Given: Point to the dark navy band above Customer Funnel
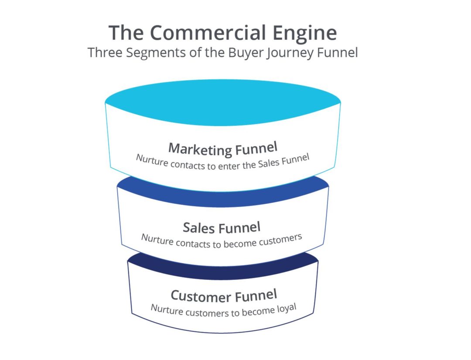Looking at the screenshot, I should (x=222, y=264).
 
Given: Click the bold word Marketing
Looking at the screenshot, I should (x=200, y=149).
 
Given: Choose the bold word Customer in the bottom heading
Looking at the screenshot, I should (x=201, y=297).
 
